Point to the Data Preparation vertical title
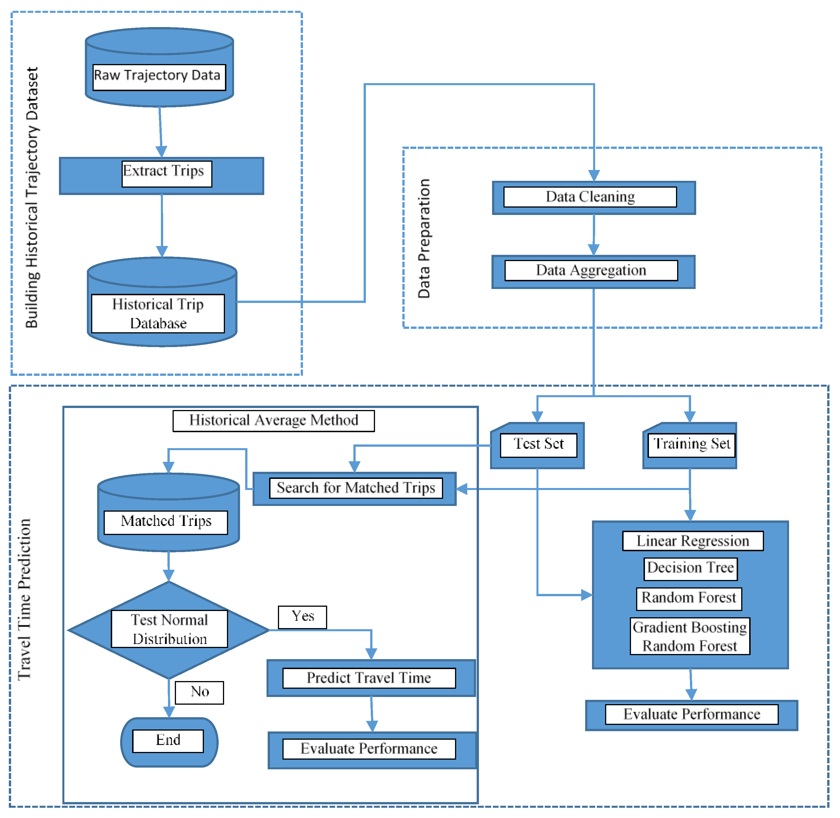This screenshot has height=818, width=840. [424, 238]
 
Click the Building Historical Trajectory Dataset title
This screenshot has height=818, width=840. [32, 198]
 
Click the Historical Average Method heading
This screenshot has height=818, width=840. [273, 421]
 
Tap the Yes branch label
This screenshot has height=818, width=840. [302, 617]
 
